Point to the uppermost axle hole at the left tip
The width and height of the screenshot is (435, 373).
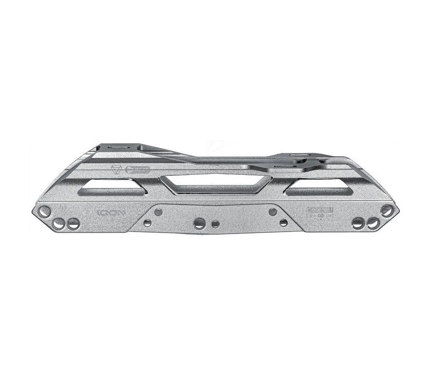coord(44,211)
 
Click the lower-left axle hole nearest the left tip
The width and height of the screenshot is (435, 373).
coord(59,224)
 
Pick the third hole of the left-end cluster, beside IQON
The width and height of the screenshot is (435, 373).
coord(73,224)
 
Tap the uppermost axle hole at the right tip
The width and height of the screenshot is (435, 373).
coord(386,211)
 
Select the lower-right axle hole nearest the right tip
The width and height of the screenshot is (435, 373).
coord(373,223)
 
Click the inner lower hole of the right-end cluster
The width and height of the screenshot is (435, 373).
coord(358,223)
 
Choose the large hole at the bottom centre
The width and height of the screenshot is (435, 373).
coord(199,223)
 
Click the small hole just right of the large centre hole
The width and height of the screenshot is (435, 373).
coord(215,224)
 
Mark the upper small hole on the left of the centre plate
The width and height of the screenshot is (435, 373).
coord(158,212)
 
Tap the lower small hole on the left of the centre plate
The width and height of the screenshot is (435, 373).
coord(147,223)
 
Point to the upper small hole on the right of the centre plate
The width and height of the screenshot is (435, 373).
coord(273,212)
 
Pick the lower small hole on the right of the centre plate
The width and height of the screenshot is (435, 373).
coord(283,223)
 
